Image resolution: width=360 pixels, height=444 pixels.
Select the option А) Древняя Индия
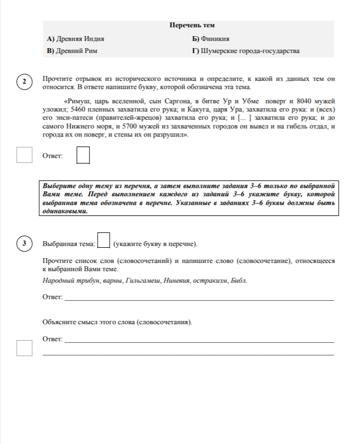(76, 39)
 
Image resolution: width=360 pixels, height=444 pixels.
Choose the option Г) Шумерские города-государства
(246, 51)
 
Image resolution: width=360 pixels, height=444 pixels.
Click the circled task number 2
(25, 83)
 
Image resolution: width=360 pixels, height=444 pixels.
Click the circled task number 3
(25, 243)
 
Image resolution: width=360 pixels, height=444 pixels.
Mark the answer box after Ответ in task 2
(83, 155)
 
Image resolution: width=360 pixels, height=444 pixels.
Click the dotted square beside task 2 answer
(25, 155)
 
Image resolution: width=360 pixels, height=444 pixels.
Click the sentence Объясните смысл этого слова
(117, 322)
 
